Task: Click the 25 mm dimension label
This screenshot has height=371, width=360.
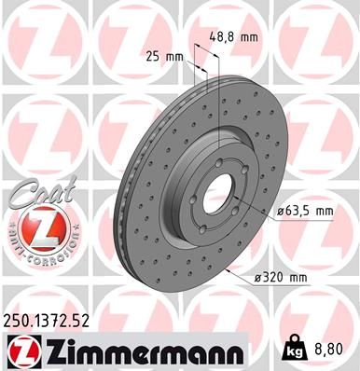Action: (x=165, y=56)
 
